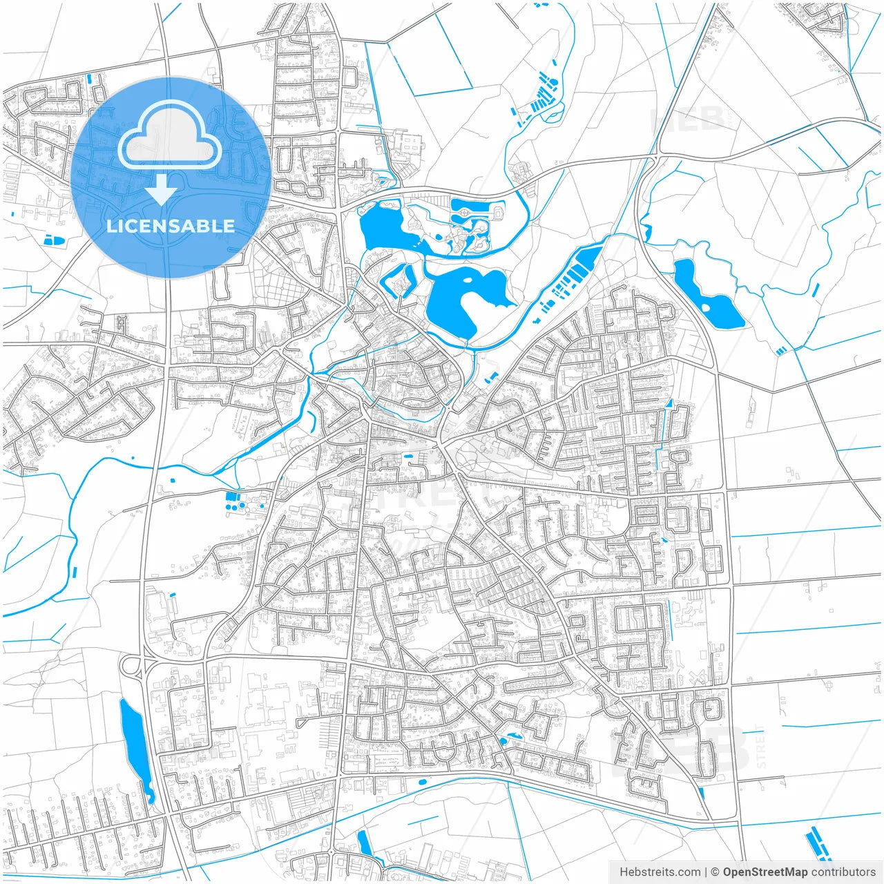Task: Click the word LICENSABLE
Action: pos(170,226)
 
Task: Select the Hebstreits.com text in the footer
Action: pos(660,872)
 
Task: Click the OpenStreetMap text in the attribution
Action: pos(765,872)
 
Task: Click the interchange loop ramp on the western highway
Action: pos(129,666)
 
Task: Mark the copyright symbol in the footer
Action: pos(715,872)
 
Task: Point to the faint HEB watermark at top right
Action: pos(687,119)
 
